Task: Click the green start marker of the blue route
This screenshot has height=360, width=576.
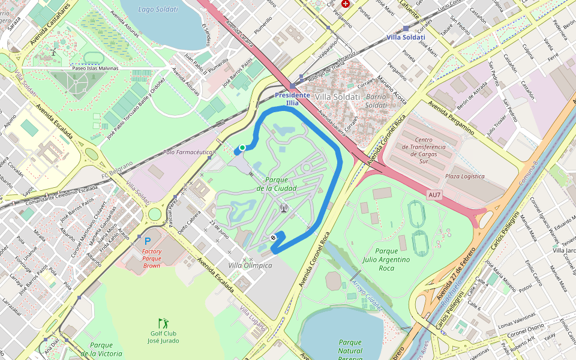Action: (x=242, y=148)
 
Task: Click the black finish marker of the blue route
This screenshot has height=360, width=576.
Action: (x=274, y=238)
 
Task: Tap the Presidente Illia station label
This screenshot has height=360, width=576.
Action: (x=292, y=99)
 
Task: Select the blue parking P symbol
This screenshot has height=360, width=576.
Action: (x=147, y=241)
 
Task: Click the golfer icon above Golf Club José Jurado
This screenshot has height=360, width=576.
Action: (x=163, y=323)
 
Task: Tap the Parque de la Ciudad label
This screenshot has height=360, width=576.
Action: (x=277, y=184)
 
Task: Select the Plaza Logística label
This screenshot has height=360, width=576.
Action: (x=464, y=176)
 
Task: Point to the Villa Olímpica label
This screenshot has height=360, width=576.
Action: (x=251, y=265)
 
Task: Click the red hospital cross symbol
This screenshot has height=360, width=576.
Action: (x=345, y=4)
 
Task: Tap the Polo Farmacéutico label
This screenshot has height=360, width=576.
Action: (x=188, y=152)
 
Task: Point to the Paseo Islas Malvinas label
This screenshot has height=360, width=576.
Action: (x=95, y=68)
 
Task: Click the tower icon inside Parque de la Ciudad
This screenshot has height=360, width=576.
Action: (x=283, y=209)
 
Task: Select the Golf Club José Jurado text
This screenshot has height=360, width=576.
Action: (x=163, y=337)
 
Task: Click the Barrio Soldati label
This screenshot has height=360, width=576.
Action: (x=376, y=101)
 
